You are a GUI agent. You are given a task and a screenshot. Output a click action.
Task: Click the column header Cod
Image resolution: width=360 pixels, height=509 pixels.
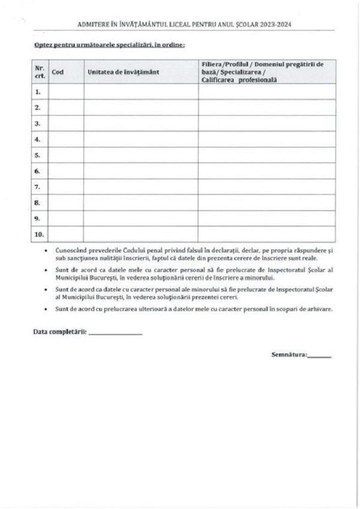tap(58, 72)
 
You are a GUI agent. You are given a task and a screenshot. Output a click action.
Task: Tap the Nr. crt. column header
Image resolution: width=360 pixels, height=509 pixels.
tap(39, 72)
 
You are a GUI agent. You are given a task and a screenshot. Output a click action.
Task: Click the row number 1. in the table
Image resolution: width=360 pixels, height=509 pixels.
tap(38, 92)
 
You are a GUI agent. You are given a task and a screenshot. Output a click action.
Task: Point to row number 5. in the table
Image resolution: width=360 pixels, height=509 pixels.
tap(38, 155)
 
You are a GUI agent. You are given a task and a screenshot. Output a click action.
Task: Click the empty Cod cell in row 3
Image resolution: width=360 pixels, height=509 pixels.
tap(66, 124)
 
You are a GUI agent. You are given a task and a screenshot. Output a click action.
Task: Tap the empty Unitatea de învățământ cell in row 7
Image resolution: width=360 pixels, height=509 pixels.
tap(141, 187)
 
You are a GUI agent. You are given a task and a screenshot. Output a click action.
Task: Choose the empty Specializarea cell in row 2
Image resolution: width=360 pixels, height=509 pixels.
tap(267, 108)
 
